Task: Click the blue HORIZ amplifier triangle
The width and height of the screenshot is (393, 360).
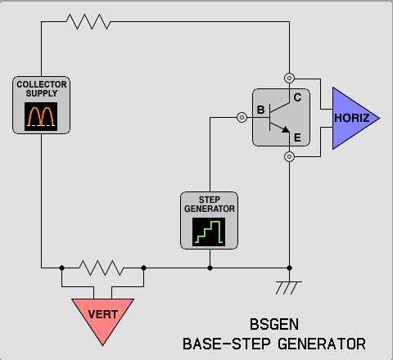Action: tap(352, 119)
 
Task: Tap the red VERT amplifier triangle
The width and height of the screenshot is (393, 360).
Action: tap(102, 317)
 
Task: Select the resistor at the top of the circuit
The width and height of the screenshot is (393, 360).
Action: tap(88, 21)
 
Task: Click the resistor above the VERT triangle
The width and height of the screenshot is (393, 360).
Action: tap(102, 268)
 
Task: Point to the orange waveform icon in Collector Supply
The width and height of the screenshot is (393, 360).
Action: tap(41, 116)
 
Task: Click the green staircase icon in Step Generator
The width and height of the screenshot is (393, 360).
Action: tap(209, 232)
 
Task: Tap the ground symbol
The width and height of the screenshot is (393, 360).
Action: tap(289, 288)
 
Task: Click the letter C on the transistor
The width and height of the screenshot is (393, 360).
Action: tap(297, 97)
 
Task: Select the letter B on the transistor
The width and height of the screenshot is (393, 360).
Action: tap(261, 110)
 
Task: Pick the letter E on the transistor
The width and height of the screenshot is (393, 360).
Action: tap(297, 137)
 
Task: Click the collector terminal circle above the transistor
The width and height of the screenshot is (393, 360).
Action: tap(289, 79)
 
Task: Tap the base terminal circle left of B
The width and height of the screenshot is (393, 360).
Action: tap(242, 118)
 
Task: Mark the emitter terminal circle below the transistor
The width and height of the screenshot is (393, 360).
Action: tap(289, 157)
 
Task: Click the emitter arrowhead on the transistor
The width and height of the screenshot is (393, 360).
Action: tap(286, 129)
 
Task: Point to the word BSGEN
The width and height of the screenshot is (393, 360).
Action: tap(274, 324)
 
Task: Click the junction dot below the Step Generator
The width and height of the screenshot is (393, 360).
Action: tap(210, 268)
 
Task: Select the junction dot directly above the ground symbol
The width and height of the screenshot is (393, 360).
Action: tap(290, 268)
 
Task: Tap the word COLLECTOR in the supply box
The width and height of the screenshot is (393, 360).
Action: tap(42, 84)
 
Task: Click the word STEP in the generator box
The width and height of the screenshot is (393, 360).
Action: tap(210, 200)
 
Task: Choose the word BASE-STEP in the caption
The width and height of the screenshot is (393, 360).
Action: tap(227, 344)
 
